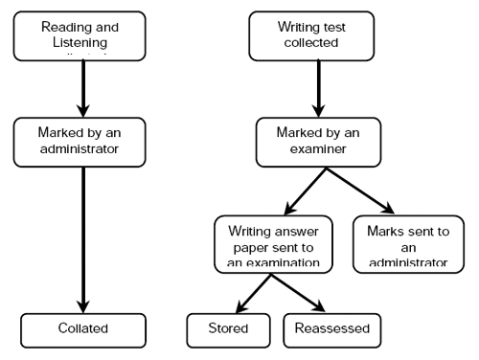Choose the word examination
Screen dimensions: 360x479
point(287,258)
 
